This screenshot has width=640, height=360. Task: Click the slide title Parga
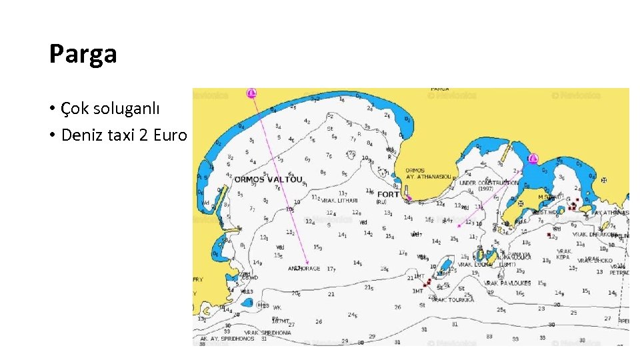click(x=83, y=54)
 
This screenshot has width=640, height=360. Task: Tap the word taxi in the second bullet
click(x=125, y=135)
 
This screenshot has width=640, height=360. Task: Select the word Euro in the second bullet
click(x=171, y=135)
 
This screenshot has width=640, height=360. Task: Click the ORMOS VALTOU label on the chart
click(x=268, y=179)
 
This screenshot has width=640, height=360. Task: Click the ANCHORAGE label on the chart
click(x=304, y=269)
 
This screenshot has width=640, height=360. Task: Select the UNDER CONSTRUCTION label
click(x=488, y=182)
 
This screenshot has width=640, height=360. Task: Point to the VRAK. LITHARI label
click(x=340, y=200)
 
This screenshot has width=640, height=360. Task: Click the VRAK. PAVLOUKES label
click(x=508, y=283)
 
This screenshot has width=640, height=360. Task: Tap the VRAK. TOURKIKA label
click(x=453, y=299)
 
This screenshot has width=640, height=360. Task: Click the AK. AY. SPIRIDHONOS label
click(x=229, y=339)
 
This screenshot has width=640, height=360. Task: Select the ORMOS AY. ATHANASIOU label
click(x=428, y=173)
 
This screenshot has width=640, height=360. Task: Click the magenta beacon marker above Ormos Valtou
click(x=251, y=93)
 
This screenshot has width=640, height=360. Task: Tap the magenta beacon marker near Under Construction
click(x=533, y=159)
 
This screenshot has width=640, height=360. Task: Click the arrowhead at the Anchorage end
click(x=307, y=262)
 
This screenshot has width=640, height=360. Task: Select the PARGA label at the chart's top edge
click(x=439, y=89)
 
